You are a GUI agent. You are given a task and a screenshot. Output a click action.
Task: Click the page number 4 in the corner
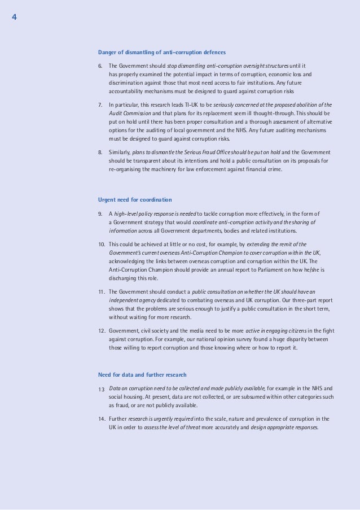[x=14, y=17]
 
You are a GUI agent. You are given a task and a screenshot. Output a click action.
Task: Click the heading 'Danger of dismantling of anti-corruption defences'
[x=162, y=53]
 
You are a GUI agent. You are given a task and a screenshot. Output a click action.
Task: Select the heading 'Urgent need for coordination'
[x=135, y=200]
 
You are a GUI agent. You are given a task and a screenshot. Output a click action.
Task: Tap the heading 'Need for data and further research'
[x=142, y=375]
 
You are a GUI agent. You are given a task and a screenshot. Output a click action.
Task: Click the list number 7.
[x=100, y=105]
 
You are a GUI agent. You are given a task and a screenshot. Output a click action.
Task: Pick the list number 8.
[x=100, y=152]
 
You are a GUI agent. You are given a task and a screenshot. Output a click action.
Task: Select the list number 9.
[x=100, y=214]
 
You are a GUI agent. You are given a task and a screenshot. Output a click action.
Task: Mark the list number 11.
[x=102, y=292]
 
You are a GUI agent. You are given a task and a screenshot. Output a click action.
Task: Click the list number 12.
[x=102, y=331]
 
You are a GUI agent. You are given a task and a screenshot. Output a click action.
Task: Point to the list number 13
[x=102, y=389]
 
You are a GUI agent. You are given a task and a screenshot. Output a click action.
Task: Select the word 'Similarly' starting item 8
[x=119, y=152]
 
